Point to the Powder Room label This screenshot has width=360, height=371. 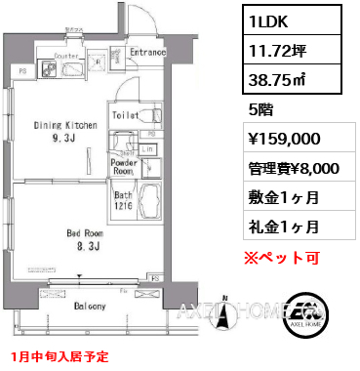pyautogui.click(x=124, y=167)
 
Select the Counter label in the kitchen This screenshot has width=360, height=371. pyautogui.click(x=65, y=57)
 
